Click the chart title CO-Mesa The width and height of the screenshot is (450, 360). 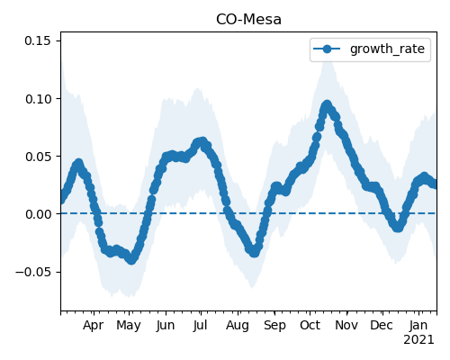click(248, 20)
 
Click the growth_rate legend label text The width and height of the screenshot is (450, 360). click(387, 49)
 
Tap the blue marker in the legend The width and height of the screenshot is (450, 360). click(327, 49)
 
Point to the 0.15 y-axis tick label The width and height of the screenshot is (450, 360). click(38, 40)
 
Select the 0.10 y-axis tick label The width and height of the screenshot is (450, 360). click(38, 99)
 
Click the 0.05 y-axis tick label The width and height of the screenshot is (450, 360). click(38, 157)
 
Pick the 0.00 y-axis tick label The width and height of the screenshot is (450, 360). click(38, 214)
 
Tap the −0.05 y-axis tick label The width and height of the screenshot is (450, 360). click(33, 272)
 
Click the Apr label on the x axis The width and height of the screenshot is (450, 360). click(93, 325)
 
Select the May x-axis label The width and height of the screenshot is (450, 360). click(129, 325)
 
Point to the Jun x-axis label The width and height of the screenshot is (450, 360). click(166, 325)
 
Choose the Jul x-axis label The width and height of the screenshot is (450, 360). click(200, 325)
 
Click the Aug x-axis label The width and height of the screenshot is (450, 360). click(238, 325)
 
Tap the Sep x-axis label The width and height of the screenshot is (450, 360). click(274, 325)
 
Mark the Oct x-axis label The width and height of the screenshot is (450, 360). click(310, 325)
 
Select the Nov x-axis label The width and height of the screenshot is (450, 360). click(346, 325)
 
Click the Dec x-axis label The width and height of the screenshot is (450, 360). click(382, 325)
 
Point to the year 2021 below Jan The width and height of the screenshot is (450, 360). click(418, 340)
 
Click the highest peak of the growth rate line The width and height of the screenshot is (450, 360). click(327, 105)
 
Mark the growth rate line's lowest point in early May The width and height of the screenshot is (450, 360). click(131, 260)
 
